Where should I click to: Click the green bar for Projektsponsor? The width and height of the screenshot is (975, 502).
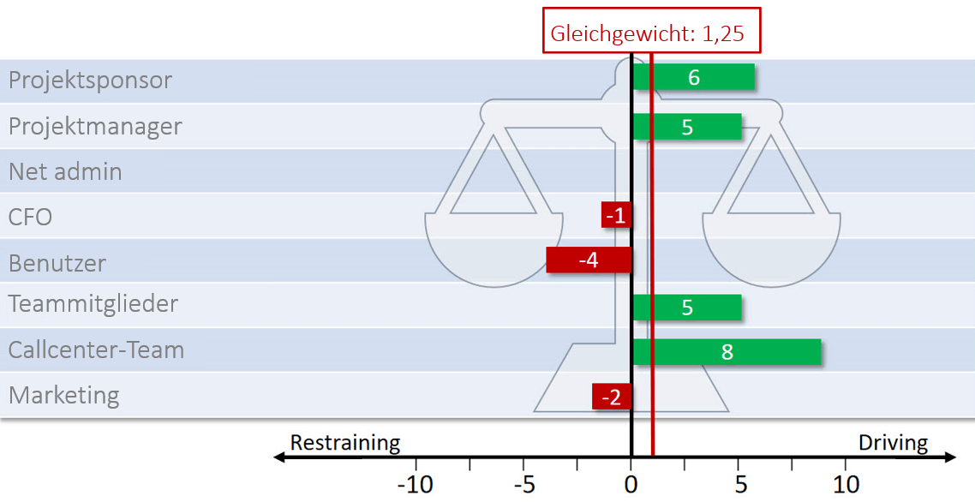pyautogui.click(x=694, y=77)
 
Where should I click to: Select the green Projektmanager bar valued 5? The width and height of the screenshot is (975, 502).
pyautogui.click(x=687, y=127)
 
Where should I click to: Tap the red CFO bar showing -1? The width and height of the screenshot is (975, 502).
pyautogui.click(x=616, y=216)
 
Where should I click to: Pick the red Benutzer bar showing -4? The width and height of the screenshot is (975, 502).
pyautogui.click(x=589, y=260)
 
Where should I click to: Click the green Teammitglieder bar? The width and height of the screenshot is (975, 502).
pyautogui.click(x=687, y=308)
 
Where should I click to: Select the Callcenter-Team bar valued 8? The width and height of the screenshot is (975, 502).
pyautogui.click(x=727, y=352)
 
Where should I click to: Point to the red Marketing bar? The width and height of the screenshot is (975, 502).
pyautogui.click(x=612, y=397)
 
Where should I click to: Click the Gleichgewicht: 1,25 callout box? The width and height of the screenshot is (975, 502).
pyautogui.click(x=652, y=33)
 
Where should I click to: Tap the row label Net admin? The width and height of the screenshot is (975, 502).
pyautogui.click(x=65, y=171)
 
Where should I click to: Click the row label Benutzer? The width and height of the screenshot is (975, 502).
pyautogui.click(x=57, y=263)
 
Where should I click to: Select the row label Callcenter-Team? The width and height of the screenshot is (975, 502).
pyautogui.click(x=96, y=350)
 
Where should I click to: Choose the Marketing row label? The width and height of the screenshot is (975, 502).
pyautogui.click(x=63, y=396)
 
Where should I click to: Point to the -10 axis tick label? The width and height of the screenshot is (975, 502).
pyautogui.click(x=415, y=484)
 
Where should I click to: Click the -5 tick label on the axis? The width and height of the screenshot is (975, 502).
pyautogui.click(x=523, y=484)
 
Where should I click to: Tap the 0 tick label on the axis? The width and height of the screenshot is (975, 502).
pyautogui.click(x=631, y=484)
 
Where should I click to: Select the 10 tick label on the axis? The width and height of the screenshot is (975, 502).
pyautogui.click(x=846, y=484)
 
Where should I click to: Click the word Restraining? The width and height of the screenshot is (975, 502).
pyautogui.click(x=344, y=443)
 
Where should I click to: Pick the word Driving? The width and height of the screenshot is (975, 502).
pyautogui.click(x=893, y=443)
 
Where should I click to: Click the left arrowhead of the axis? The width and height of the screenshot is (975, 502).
pyautogui.click(x=278, y=458)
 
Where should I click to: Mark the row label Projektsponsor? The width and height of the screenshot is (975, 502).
pyautogui.click(x=90, y=81)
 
